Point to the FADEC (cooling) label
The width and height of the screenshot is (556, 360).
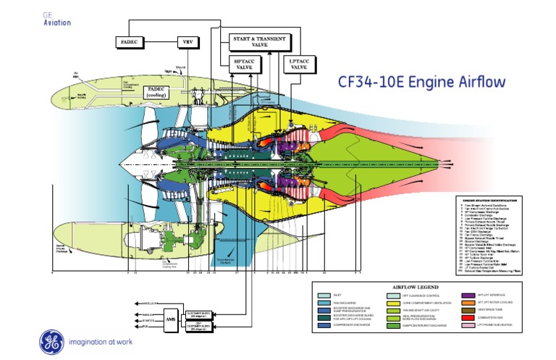tap(156, 92)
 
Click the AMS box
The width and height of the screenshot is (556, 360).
tap(171, 318)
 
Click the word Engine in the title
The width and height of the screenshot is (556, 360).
tap(428, 82)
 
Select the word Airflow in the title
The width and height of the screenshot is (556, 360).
tap(479, 82)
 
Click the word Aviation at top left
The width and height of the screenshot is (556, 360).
tap(57, 22)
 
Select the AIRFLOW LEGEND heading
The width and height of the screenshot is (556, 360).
tap(415, 287)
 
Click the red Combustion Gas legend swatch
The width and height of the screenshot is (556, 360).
tap(469, 317)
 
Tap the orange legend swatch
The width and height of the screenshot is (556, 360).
tap(469, 304)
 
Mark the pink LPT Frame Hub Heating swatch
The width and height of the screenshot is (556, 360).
tap(469, 325)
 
